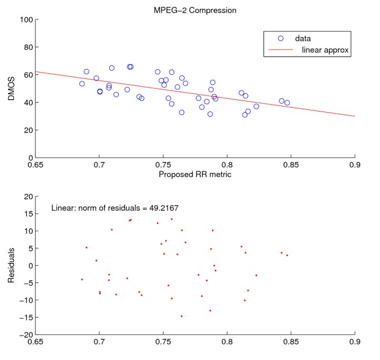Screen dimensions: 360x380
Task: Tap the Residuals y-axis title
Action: tap(11, 266)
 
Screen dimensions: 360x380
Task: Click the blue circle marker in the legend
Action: tap(280, 38)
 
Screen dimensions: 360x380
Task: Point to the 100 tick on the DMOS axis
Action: tap(24, 20)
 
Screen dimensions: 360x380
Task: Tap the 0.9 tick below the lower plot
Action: tap(354, 343)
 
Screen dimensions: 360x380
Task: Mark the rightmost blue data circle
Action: tap(287, 103)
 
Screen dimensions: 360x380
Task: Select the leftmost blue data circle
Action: tap(82, 84)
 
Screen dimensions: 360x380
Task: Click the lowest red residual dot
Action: tap(181, 316)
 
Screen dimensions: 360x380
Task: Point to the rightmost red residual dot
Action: tap(287, 255)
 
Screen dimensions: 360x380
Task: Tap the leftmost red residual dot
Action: tap(82, 280)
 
